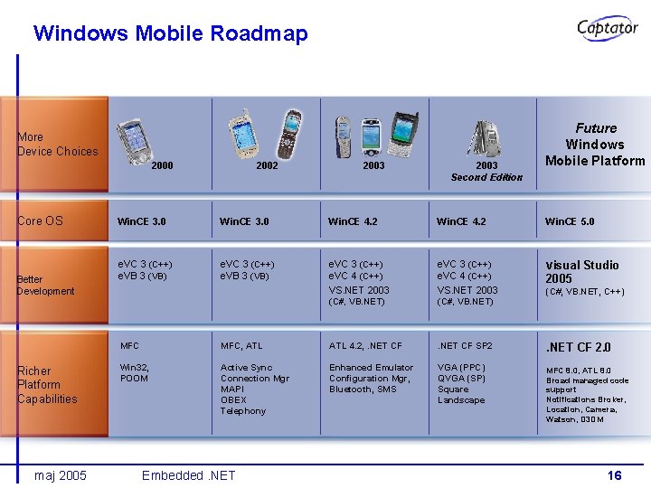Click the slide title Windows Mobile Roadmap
coord(170,33)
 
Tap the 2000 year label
coord(163,166)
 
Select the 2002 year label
coord(267,166)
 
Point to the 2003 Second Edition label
coord(486,172)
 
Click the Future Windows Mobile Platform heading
coord(595,145)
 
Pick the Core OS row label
coord(41,221)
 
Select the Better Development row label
coord(46,285)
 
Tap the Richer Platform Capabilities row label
coord(47,384)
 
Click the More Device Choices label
coord(57,145)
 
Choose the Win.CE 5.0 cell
coord(570,221)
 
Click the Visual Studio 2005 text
coord(581,271)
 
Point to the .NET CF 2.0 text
coord(578,347)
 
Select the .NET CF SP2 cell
coord(465,346)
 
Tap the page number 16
coord(614,475)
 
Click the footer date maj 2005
coord(60,475)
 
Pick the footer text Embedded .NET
coord(188,475)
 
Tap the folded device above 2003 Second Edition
coord(485,136)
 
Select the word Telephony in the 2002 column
coord(243,411)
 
